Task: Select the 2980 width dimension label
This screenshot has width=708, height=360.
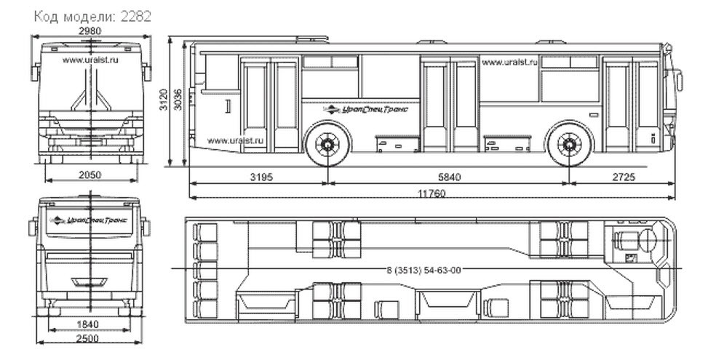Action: (90, 31)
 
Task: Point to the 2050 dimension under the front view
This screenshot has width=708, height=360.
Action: (90, 175)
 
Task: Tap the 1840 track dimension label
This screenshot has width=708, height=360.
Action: (88, 324)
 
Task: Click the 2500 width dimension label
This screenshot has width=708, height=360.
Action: (88, 338)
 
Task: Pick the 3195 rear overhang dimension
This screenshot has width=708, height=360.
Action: (261, 177)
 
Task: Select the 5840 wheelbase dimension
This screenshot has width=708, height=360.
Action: (449, 177)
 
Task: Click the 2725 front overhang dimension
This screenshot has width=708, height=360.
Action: (624, 177)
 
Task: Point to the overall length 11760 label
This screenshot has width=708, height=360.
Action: (431, 193)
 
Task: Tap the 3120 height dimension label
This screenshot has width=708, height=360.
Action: (164, 100)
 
